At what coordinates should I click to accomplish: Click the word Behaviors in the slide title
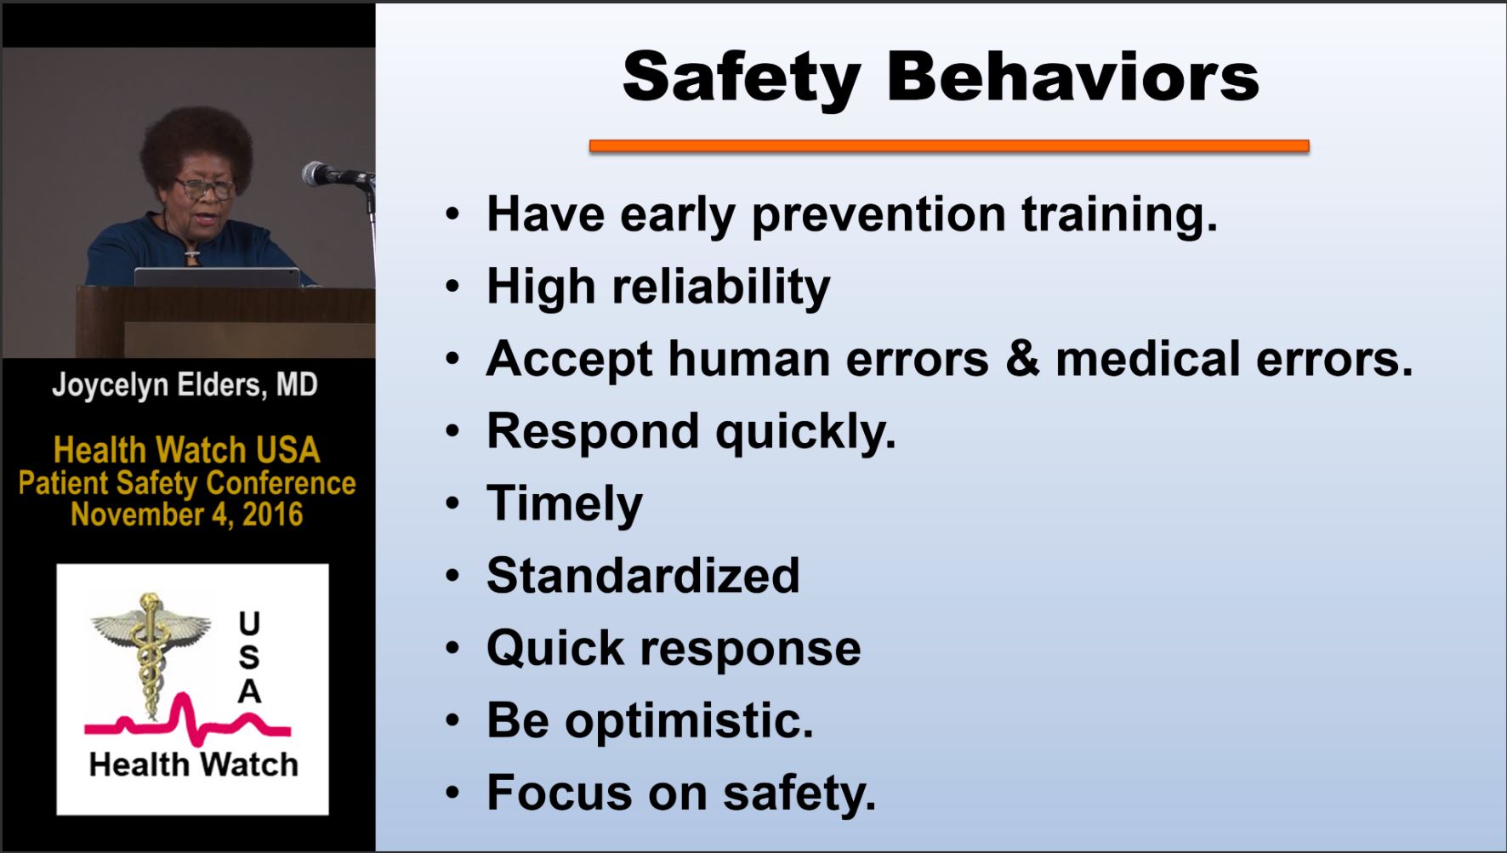pos(1072,77)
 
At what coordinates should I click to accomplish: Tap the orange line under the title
pos(949,145)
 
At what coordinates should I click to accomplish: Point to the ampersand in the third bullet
pos(1022,358)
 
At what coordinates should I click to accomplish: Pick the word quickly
pos(806,433)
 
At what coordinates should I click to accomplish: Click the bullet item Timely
pos(565,504)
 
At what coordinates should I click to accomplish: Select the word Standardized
pos(643,576)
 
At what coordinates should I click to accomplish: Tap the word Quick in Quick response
pos(555,649)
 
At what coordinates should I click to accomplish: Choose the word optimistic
pos(689,721)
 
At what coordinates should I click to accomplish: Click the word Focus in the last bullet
pos(560,793)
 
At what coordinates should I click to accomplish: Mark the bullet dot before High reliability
pos(452,287)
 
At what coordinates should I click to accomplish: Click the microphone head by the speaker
pos(317,173)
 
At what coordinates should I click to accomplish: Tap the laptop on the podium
pos(217,277)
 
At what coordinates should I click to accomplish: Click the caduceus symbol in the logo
pos(151,651)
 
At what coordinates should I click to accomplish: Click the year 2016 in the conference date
pos(272,515)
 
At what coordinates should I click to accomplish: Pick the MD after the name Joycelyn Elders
pos(297,385)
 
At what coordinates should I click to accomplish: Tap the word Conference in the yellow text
pos(281,483)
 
